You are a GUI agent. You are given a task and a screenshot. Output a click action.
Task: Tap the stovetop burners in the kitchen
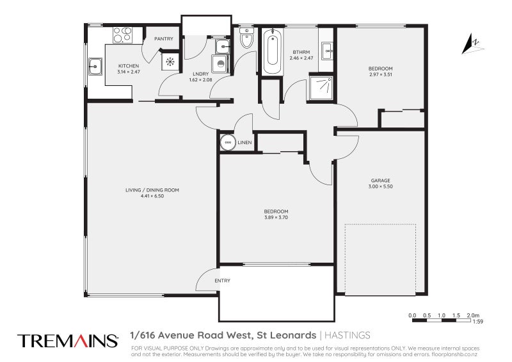coord(122,35)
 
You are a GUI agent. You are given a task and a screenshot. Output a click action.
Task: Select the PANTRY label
coord(164,39)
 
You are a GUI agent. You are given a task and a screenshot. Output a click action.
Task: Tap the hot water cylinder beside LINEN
coord(228,142)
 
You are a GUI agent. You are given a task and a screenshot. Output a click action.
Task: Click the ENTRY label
coord(223,281)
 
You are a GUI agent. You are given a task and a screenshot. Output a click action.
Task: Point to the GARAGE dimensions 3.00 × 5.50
coord(380,186)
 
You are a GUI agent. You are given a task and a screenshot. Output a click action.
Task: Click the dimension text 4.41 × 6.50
coord(152,196)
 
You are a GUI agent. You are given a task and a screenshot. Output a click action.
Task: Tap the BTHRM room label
coord(301,52)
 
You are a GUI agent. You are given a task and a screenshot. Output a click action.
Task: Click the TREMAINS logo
coord(67,340)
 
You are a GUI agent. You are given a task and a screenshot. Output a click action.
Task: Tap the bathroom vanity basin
coord(328,49)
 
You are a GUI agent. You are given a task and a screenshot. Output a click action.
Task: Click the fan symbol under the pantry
coord(171,62)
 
